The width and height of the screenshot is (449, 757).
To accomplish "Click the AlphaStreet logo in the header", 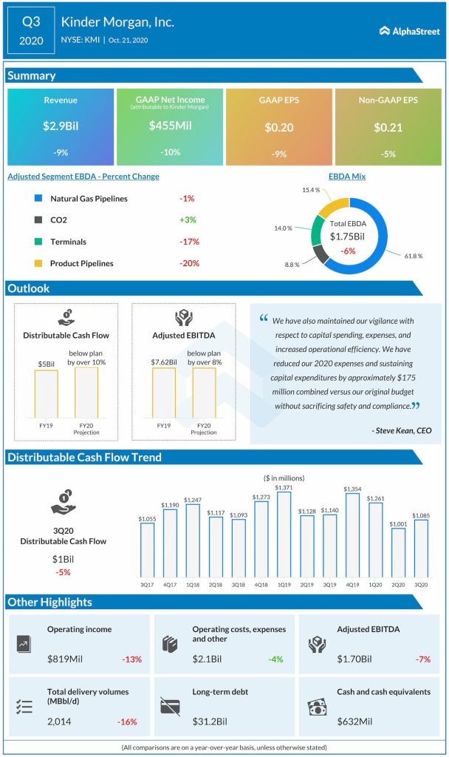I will (408, 30).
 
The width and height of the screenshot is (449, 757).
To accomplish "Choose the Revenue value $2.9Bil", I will (61, 126).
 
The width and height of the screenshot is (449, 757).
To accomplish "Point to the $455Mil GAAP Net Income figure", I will (170, 126).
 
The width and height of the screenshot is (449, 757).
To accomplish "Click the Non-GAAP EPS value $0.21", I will (388, 127).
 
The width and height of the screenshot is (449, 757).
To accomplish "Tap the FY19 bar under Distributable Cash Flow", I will (45, 394).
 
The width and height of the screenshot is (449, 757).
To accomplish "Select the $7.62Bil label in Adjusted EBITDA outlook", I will (165, 362).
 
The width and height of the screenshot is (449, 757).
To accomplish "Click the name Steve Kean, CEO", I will (402, 430).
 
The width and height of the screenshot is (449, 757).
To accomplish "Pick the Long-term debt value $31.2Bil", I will (209, 721).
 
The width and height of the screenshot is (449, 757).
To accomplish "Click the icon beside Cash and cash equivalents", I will (316, 707).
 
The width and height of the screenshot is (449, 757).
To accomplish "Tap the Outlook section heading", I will (29, 288).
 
